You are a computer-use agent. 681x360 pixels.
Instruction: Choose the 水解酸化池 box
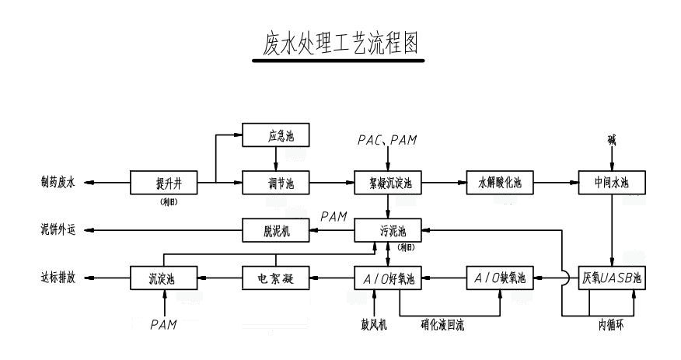coord(500,183)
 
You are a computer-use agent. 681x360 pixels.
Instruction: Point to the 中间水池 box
coord(612,183)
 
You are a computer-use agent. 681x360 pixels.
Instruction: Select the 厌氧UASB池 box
coord(612,278)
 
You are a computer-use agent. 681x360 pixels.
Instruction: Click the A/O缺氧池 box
coord(500,278)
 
